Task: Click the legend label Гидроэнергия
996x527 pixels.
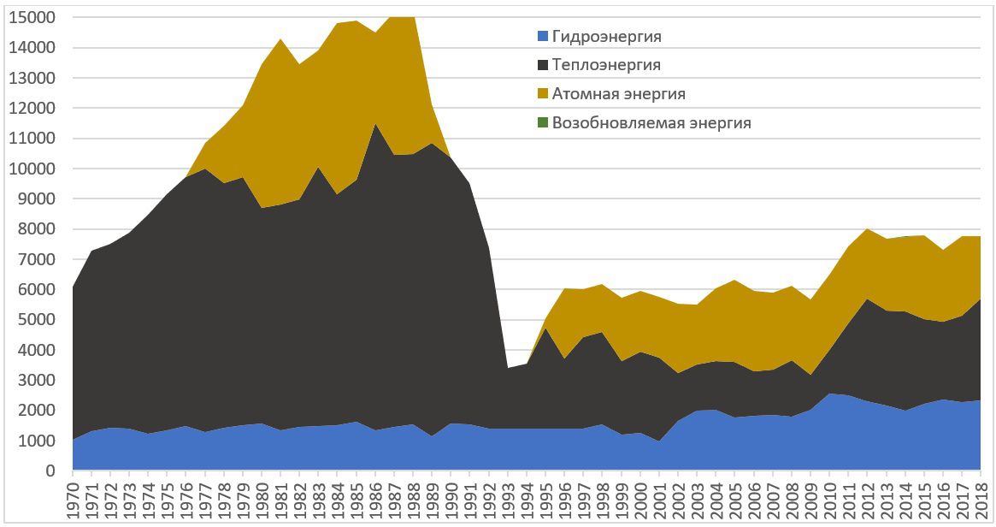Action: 607,37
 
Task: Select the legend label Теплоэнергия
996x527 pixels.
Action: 606,65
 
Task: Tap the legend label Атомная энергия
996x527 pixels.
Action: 619,93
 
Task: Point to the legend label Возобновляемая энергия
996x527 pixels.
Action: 651,122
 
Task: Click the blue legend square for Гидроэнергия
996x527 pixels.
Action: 542,37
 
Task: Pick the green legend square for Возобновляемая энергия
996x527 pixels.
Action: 542,122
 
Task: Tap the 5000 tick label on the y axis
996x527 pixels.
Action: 39,320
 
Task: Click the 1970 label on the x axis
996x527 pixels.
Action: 74,500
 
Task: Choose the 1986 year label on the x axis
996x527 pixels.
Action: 376,500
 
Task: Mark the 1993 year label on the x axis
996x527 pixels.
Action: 508,500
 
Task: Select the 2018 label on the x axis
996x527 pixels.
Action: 981,500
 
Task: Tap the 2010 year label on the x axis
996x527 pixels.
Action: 829,500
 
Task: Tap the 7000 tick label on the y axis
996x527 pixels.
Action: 39,259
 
